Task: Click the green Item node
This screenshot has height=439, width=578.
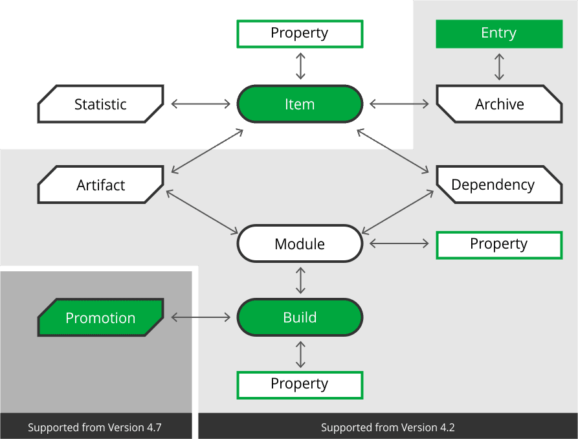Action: tap(300, 104)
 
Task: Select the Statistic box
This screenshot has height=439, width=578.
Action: tap(100, 104)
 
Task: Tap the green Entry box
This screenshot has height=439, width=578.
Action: tap(499, 34)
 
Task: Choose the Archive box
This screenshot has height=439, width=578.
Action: tap(499, 104)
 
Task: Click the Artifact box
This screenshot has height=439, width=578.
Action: tap(100, 185)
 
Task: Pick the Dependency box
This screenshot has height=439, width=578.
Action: tap(499, 185)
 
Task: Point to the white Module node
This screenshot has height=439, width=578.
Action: tap(300, 243)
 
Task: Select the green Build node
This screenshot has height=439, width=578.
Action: tap(300, 317)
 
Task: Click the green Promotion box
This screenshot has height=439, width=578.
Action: tap(100, 317)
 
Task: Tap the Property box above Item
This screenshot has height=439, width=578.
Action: tap(300, 34)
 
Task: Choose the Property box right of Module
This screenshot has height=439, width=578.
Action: tap(499, 245)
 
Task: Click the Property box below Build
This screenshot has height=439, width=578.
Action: tap(300, 385)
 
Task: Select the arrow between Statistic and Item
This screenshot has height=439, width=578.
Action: tap(201, 104)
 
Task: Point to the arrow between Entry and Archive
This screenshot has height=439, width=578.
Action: tap(499, 67)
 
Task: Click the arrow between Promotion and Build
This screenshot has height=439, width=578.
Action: tap(201, 317)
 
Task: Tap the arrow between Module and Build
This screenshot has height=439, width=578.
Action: tap(300, 280)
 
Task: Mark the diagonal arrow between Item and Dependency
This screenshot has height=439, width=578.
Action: tap(393, 151)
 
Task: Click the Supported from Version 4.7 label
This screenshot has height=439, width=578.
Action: tap(94, 427)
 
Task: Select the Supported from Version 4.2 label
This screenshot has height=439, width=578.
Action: tap(388, 427)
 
